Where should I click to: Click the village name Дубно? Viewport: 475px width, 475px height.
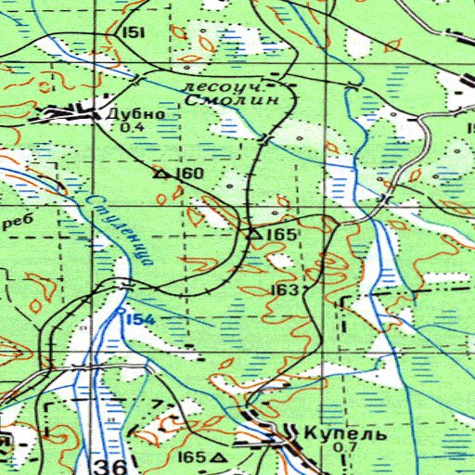[135, 114]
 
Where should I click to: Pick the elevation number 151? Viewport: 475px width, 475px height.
[134, 32]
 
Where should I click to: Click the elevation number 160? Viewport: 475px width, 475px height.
[190, 173]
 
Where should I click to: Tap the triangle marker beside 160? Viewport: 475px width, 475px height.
[160, 173]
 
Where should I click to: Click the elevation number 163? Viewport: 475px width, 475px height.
[284, 291]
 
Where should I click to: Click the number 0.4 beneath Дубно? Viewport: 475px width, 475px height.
[132, 128]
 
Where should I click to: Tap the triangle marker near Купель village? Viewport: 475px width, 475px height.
[219, 458]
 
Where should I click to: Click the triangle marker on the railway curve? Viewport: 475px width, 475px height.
[253, 235]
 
